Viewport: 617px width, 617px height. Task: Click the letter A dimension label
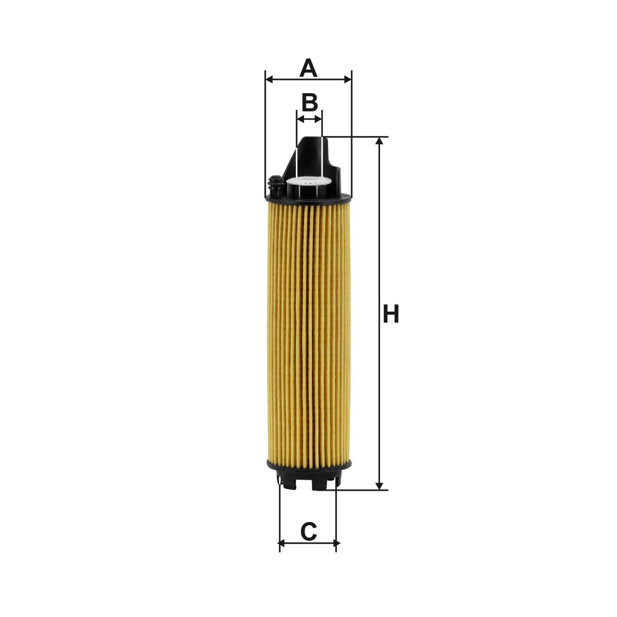click(x=308, y=67)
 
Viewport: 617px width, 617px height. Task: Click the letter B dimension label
click(x=309, y=103)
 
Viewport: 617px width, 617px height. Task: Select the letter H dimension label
click(x=390, y=313)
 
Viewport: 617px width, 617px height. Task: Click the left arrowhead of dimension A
click(x=269, y=80)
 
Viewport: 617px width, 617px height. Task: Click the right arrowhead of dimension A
click(x=348, y=80)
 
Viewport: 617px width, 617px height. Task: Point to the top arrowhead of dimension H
click(x=379, y=141)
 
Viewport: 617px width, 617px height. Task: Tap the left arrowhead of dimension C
click(x=283, y=543)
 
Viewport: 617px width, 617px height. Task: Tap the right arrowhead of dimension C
click(x=333, y=543)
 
